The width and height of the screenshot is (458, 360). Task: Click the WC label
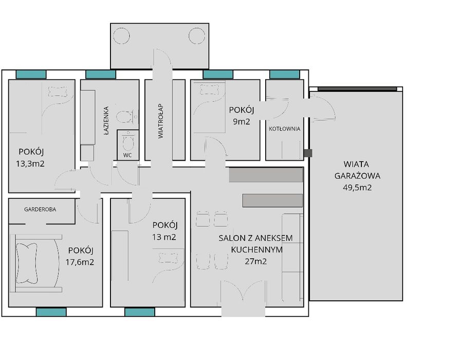pos(127,155)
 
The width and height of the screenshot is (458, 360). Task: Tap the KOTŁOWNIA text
pos(284,129)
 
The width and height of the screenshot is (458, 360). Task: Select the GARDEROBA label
pos(40,209)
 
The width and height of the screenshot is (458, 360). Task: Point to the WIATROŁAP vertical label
pos(161,121)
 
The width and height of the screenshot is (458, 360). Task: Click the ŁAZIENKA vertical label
pos(106,120)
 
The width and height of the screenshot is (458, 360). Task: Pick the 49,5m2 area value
pos(357,187)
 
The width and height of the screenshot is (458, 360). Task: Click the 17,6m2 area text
pos(80,262)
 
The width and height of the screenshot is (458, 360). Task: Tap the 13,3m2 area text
pos(30,164)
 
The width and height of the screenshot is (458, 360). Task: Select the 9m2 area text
pos(242,121)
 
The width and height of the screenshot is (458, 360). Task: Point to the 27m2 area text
pos(256,261)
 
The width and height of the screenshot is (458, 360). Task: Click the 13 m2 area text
pos(164,237)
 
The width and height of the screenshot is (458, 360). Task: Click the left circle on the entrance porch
pos(121,35)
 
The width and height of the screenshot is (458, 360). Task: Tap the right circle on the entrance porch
pos(197,35)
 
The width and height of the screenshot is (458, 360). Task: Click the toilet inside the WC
pos(128,141)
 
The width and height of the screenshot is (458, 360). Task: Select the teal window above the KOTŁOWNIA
pos(285,75)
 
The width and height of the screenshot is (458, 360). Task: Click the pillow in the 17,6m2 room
pos(27,263)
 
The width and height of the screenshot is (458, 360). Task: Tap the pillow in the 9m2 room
pos(209,89)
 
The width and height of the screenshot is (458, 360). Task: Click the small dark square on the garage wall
pos(308,153)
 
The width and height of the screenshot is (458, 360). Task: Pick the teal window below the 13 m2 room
pos(140,312)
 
